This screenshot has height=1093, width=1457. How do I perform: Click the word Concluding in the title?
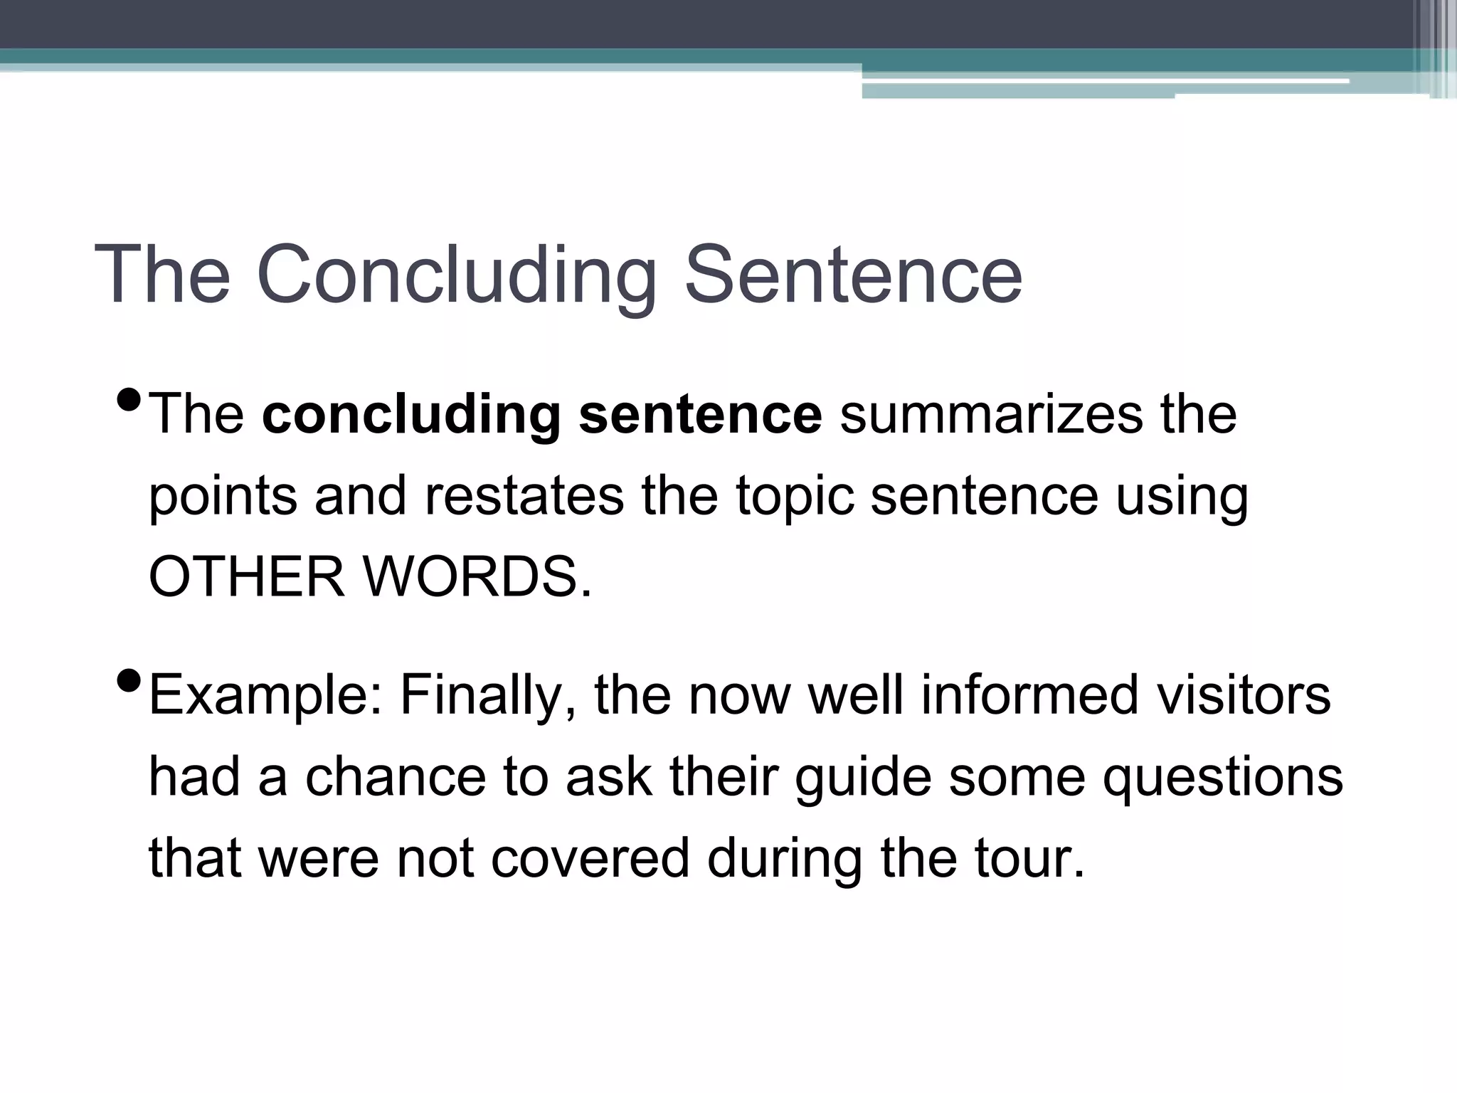(x=456, y=276)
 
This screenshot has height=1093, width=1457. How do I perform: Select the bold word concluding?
(x=412, y=416)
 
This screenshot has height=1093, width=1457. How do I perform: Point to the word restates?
(x=524, y=496)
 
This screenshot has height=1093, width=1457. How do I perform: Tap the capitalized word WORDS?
(x=477, y=576)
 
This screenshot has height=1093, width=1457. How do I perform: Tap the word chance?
(x=396, y=776)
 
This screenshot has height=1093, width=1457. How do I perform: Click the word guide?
(x=862, y=778)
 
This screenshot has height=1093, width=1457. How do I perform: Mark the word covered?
(x=590, y=858)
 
